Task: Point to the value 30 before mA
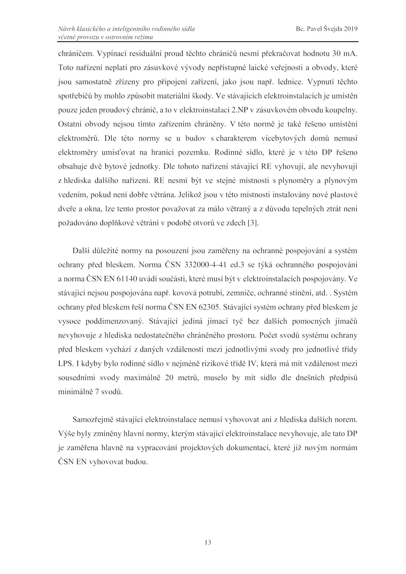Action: (x=336, y=54)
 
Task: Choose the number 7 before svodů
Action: (x=96, y=392)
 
